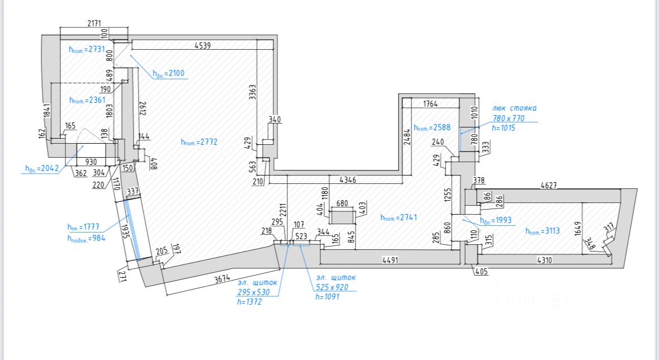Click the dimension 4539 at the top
click(x=202, y=46)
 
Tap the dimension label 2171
click(x=94, y=23)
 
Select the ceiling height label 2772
click(x=199, y=142)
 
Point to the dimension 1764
click(x=430, y=103)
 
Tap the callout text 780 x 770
click(x=508, y=118)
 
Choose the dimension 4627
click(x=550, y=185)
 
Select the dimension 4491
click(x=393, y=259)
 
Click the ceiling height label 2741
click(x=399, y=217)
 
